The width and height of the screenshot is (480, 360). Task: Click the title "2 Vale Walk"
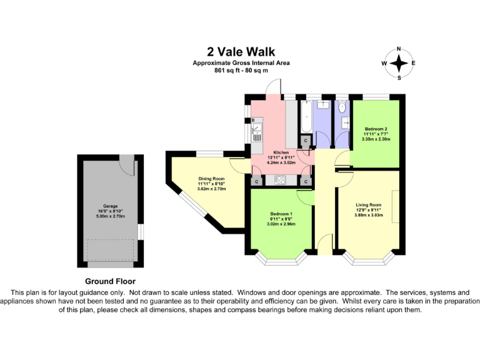click(x=241, y=52)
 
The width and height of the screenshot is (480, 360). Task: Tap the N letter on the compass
click(x=399, y=49)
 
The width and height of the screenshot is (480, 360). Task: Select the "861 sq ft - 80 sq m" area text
click(x=241, y=71)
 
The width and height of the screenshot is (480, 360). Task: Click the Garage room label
click(x=110, y=206)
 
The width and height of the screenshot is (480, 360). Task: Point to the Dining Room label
click(x=211, y=179)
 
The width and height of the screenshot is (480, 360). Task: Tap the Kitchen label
click(x=281, y=152)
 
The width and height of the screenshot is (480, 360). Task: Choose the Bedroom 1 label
click(x=281, y=214)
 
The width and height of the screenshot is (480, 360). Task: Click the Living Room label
click(x=369, y=205)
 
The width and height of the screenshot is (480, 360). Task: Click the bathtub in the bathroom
click(x=306, y=117)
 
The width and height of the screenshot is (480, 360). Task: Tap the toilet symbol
click(x=342, y=106)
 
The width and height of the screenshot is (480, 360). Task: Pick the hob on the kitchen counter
click(x=280, y=180)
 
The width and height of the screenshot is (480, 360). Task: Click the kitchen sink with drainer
click(x=257, y=132)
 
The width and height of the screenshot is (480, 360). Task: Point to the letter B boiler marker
click(x=253, y=120)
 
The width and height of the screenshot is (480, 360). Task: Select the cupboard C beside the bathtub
click(x=306, y=141)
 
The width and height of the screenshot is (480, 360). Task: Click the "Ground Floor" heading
click(x=110, y=281)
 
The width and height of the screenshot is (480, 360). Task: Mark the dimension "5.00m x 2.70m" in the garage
click(x=110, y=216)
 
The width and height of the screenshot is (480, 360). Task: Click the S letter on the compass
click(x=399, y=77)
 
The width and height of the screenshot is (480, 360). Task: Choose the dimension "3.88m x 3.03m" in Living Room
click(x=369, y=215)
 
